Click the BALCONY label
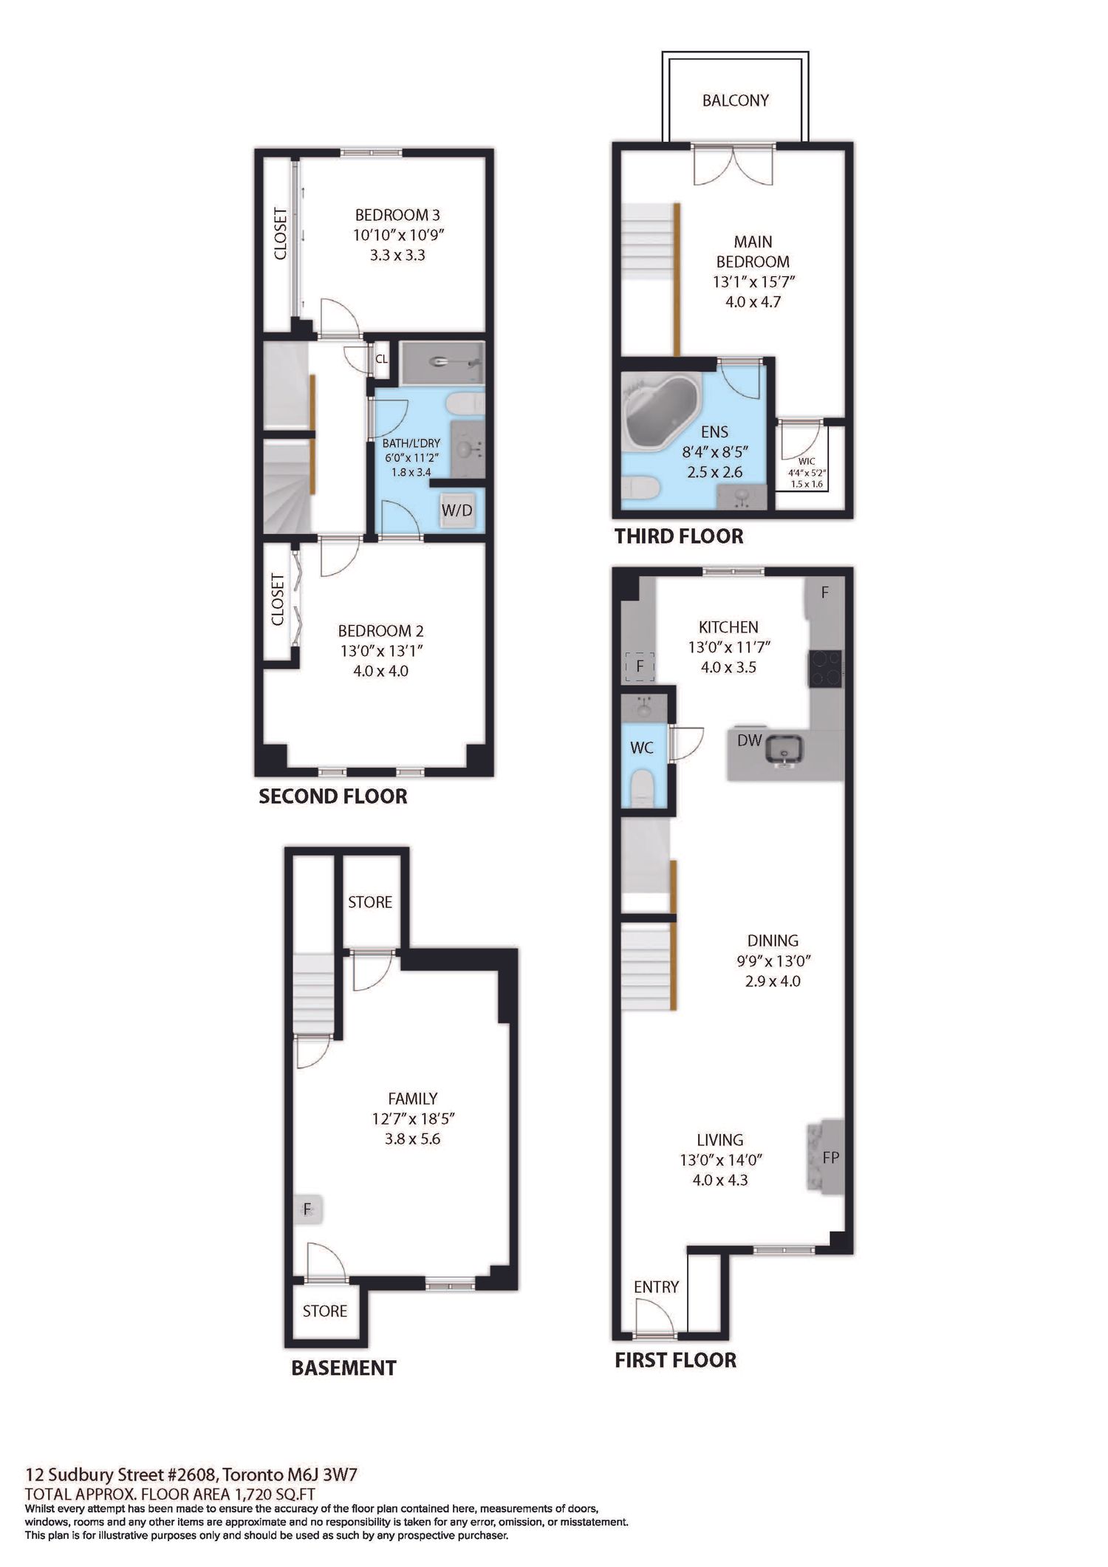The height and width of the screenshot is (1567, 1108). coord(735,100)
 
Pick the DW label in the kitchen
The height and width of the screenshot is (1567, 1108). coord(749,740)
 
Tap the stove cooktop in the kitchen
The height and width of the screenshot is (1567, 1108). coord(824,668)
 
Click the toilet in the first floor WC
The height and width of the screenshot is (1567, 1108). coord(643,788)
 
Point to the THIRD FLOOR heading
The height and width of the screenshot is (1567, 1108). coord(679,536)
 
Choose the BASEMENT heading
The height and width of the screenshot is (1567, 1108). coord(343,1368)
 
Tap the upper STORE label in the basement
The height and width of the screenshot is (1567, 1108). coord(370,902)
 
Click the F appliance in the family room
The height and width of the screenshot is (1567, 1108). coord(308,1210)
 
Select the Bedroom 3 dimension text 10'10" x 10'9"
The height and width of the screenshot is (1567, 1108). coord(399,235)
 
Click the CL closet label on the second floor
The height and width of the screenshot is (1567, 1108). coord(381,360)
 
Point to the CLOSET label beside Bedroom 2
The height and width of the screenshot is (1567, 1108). coord(278,599)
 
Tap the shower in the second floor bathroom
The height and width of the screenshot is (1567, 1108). coord(442,363)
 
